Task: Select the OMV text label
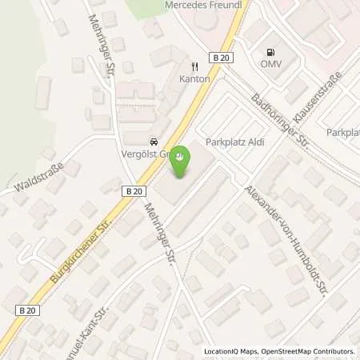[267, 62]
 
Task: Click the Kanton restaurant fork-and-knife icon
[194, 66]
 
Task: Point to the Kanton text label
[194, 79]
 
